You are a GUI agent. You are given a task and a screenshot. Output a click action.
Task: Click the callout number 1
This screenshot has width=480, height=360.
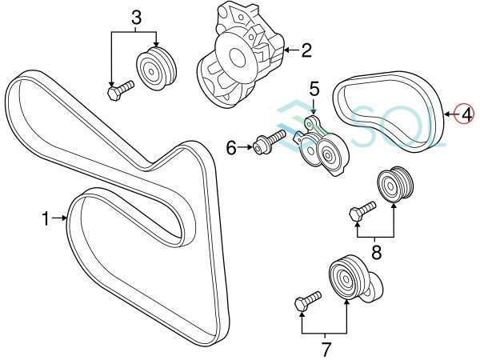click(46, 219)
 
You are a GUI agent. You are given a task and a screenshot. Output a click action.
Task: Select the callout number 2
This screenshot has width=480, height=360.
click(306, 50)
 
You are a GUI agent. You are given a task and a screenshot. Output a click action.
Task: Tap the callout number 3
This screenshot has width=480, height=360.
click(136, 18)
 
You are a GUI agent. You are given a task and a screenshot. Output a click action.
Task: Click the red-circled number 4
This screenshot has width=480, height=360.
click(464, 114)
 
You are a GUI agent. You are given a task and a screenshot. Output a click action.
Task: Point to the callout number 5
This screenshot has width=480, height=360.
click(314, 89)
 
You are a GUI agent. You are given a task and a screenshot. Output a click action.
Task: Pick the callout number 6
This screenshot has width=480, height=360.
click(231, 149)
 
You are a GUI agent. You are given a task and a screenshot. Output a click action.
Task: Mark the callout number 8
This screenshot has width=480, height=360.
click(376, 252)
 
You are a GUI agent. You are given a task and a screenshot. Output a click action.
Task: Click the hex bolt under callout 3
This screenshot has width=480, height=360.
click(121, 90)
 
